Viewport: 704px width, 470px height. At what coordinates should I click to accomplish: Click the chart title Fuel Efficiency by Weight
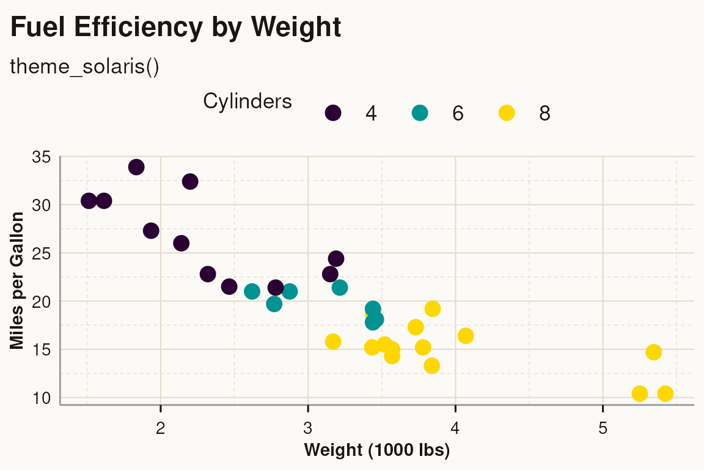176,28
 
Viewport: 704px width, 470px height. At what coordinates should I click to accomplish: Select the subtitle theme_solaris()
85,67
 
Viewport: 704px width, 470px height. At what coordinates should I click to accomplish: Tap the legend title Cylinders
247,101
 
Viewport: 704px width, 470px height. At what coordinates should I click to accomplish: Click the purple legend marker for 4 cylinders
333,113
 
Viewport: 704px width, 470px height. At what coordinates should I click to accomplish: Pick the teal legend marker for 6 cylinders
420,113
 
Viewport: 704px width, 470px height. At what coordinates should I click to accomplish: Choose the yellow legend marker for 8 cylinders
507,113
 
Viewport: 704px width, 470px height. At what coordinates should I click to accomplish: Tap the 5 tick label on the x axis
603,426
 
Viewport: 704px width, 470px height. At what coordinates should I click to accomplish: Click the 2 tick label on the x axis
161,426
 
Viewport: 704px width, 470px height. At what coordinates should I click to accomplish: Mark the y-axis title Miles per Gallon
18,280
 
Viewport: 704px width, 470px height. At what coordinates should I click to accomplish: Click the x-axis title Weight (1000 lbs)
377,451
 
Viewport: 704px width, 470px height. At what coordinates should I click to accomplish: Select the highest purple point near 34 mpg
136,167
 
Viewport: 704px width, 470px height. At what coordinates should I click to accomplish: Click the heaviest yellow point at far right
665,394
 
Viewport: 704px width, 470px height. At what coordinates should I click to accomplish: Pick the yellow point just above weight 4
466,335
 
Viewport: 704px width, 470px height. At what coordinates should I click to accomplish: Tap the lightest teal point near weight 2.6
252,291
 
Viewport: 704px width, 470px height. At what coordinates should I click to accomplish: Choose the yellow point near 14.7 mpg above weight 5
653,352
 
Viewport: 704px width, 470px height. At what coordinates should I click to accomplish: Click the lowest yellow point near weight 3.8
432,365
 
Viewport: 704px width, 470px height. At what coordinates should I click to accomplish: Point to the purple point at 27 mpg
151,231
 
